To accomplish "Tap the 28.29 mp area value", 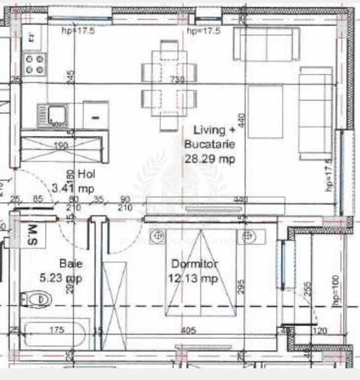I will [x=209, y=159].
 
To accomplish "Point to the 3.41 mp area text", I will [x=77, y=188].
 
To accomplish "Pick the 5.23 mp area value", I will [x=61, y=277].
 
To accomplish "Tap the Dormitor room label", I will [x=192, y=265].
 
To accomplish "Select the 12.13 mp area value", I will [x=192, y=278].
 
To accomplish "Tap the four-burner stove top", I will [x=33, y=65].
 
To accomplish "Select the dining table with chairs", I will [x=170, y=86].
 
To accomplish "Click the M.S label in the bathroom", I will [x=31, y=234].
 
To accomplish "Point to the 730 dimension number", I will [x=177, y=79].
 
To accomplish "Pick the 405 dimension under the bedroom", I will [x=188, y=330].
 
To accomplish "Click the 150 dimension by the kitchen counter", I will [x=61, y=145].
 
